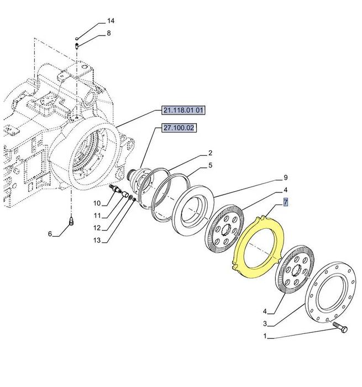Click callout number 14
[x=111, y=21]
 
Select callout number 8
[x=108, y=33]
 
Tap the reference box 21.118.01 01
[x=183, y=111]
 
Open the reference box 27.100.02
[x=179, y=128]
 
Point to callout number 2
[x=210, y=153]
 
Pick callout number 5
[x=210, y=165]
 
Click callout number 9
[x=285, y=178]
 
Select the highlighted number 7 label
[x=285, y=202]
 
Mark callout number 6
[x=50, y=234]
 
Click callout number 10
[x=97, y=203]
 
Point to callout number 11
[x=97, y=215]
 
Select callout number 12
[x=97, y=228]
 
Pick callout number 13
[x=97, y=240]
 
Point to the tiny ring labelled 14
[x=77, y=38]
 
